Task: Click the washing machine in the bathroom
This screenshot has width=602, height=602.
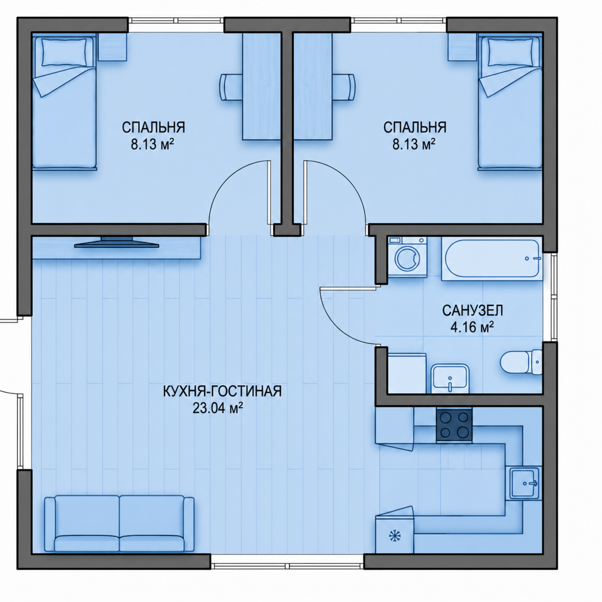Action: (408, 256)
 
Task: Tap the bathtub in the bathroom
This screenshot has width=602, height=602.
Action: (492, 258)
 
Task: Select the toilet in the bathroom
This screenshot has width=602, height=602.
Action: (521, 362)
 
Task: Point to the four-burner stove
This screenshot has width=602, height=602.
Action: (454, 425)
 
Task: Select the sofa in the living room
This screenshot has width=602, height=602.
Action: (119, 523)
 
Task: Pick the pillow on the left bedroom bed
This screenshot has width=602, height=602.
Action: (64, 52)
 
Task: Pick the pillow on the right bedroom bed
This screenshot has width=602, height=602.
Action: (510, 52)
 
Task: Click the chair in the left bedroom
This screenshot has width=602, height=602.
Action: (231, 87)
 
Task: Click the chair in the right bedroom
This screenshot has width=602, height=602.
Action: (344, 87)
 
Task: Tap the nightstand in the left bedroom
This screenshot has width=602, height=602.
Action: (112, 47)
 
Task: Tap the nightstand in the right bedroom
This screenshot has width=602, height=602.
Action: (462, 47)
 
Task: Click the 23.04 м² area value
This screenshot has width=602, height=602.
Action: (218, 408)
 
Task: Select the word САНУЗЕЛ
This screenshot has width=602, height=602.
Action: (472, 311)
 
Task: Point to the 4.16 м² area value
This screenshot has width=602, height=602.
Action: (472, 327)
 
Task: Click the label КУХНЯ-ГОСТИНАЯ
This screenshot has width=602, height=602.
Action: (222, 391)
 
